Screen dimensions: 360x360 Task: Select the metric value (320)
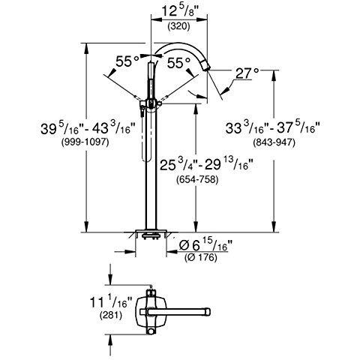[x=178, y=26]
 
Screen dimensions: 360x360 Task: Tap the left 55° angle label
[x=127, y=61]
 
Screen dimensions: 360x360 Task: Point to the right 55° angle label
[x=178, y=63]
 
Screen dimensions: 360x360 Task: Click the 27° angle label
[x=247, y=73]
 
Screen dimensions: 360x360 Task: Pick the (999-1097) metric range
[x=85, y=142]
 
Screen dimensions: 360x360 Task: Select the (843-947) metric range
[x=274, y=142]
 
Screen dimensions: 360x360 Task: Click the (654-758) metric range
[x=197, y=179]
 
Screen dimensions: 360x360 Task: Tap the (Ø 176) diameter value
[x=201, y=257]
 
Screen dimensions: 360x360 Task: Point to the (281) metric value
[x=111, y=315]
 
